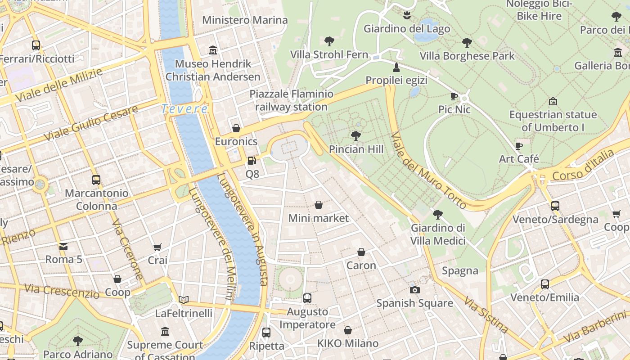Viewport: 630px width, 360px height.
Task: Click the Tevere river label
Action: coord(184,109)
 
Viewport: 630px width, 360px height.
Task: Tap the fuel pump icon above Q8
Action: coord(252,160)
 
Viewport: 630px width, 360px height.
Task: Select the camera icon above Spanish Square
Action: coord(415,290)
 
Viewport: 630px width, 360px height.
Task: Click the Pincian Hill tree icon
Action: coord(356,135)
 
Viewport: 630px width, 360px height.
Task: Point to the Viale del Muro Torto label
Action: coord(428,170)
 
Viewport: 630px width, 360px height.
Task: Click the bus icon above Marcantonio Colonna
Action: coord(96,180)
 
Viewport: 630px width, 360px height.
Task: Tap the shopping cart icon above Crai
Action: coord(157,247)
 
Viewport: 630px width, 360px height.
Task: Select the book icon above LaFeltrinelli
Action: coord(183,300)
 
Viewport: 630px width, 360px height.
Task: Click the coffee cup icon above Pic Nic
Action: coord(454,96)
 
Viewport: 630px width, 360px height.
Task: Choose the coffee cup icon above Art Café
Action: coord(518,146)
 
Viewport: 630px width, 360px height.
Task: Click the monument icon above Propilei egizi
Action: coord(396,67)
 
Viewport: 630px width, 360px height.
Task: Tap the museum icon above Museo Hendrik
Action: coord(213,50)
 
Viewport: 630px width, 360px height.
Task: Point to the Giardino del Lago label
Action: coord(406,29)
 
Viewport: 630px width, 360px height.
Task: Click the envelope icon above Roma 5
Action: coord(63,246)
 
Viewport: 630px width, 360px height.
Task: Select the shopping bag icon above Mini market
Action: coord(319,205)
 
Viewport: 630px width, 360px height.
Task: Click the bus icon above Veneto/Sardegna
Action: coord(555,206)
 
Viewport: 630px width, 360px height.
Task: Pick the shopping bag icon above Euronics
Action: coord(236,129)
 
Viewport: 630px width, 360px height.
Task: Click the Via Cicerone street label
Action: coord(127,250)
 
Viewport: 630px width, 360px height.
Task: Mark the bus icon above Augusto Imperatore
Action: coord(307,298)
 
